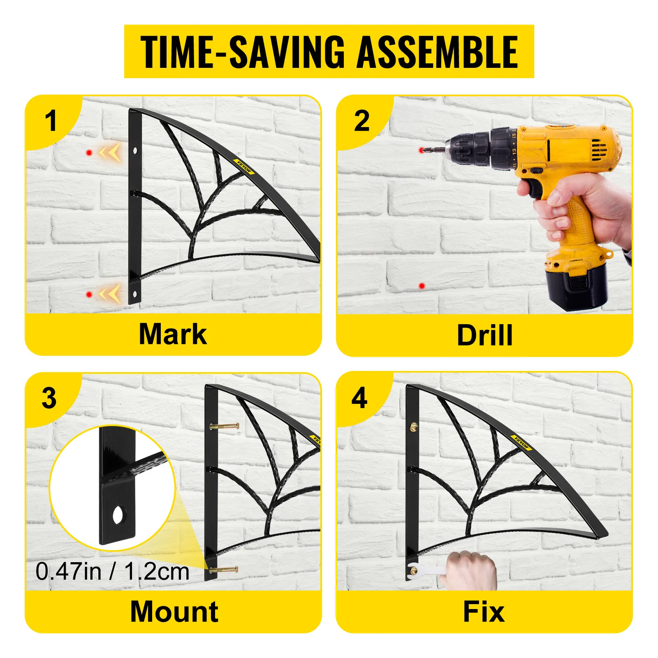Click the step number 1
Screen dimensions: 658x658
tap(51, 121)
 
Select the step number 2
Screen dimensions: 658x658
tap(362, 121)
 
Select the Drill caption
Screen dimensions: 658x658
tap(485, 335)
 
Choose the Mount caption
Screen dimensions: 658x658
tap(174, 612)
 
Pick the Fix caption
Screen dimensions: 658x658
tap(484, 612)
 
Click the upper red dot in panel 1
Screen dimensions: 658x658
tap(89, 153)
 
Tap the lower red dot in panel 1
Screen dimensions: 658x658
tap(89, 294)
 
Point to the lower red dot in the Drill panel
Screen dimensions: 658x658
tap(422, 286)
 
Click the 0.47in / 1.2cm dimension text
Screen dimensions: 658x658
tap(112, 571)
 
